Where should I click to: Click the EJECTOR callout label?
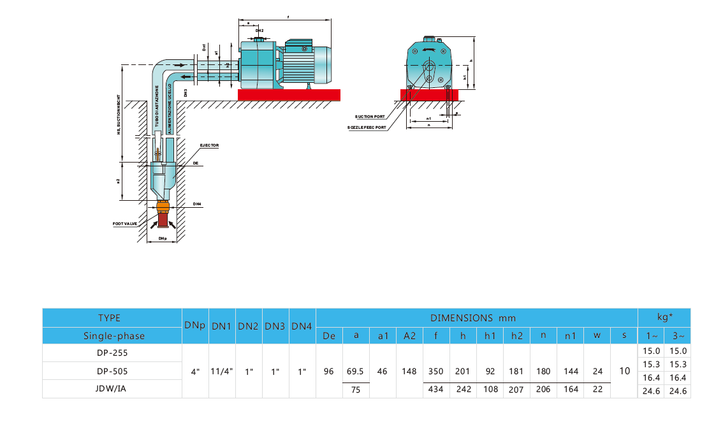(x=209, y=145)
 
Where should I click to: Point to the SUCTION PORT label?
(x=370, y=117)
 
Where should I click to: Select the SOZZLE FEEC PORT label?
(x=367, y=127)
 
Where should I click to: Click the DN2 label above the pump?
(x=259, y=30)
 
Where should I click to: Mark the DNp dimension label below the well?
(x=163, y=239)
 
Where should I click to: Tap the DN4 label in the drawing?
(x=197, y=204)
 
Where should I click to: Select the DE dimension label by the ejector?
(x=195, y=164)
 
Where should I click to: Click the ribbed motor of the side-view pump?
(x=303, y=61)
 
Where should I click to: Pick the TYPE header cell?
(x=109, y=317)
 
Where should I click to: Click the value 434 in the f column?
(x=436, y=389)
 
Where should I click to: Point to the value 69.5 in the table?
(x=355, y=370)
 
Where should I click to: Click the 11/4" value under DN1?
(x=221, y=370)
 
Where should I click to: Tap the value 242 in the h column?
(x=463, y=389)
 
